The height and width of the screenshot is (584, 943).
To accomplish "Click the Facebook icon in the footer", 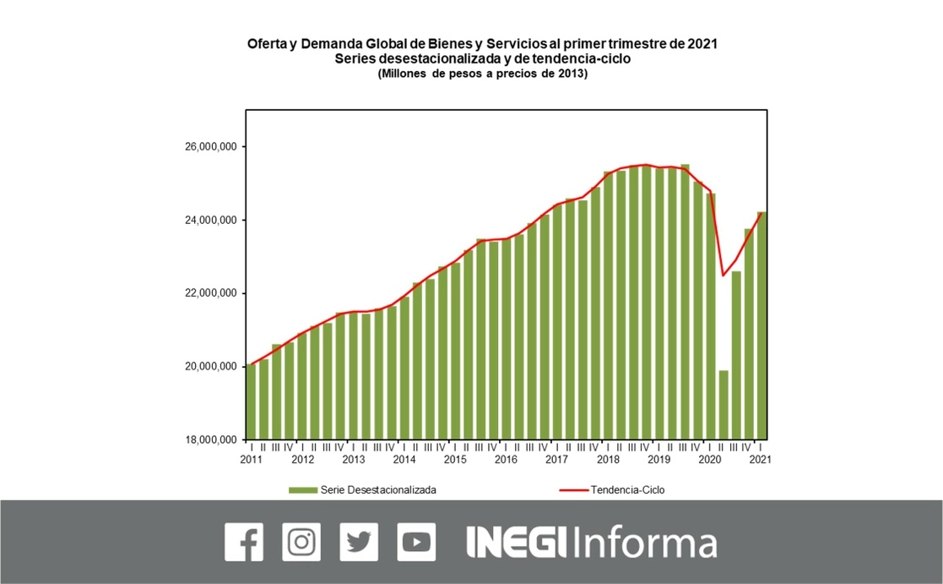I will (x=244, y=542).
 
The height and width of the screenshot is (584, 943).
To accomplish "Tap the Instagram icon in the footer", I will (x=301, y=542).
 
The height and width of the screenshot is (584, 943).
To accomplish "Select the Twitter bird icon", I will (x=359, y=542).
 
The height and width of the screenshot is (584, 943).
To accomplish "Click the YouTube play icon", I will (x=416, y=542).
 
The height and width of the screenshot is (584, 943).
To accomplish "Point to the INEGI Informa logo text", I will (x=591, y=543).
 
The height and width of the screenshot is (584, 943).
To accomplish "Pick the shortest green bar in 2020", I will (x=724, y=405).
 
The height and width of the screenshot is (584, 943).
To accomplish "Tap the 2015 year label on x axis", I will (x=454, y=460).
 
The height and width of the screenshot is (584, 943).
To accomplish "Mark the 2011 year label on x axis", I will (x=251, y=460).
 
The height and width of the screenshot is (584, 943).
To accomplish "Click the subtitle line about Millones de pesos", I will (x=482, y=74).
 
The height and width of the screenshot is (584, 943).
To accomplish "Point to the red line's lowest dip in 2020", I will (x=724, y=275).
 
